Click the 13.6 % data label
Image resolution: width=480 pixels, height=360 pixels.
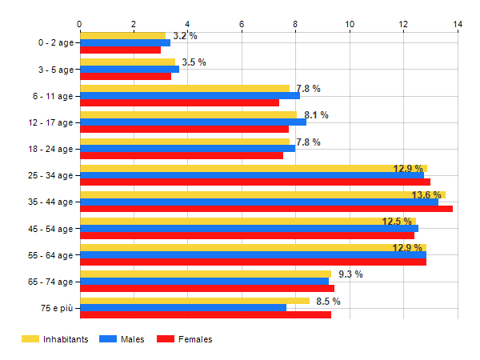pyautogui.click(x=426, y=195)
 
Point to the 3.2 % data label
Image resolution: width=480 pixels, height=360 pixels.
pyautogui.click(x=185, y=36)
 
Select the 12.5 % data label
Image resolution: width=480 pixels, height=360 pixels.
pyautogui.click(x=398, y=222)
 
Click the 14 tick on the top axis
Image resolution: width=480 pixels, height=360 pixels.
pyautogui.click(x=458, y=25)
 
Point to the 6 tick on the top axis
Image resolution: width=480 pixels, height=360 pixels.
pyautogui.click(x=242, y=25)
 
